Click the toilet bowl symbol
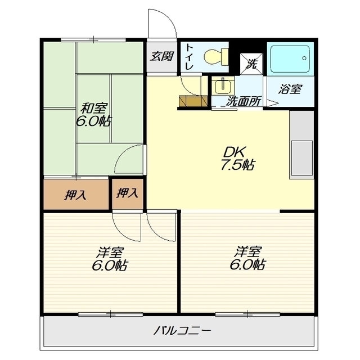coord(216,57)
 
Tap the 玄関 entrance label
coord(162,56)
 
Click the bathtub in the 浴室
coord(290,59)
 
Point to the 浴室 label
coord(290,89)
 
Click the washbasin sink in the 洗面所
coord(223,86)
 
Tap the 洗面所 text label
coord(244,101)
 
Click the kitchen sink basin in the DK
coord(301,158)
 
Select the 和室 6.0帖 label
coord(93,115)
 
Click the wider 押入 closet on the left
coord(76,194)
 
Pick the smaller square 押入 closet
coord(128,194)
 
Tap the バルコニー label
coord(182,331)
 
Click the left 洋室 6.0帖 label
coord(110,259)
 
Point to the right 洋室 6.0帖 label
coord(247,258)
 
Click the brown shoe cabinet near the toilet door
coord(193,101)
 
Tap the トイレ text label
coord(189,57)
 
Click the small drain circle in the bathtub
coord(304,58)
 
